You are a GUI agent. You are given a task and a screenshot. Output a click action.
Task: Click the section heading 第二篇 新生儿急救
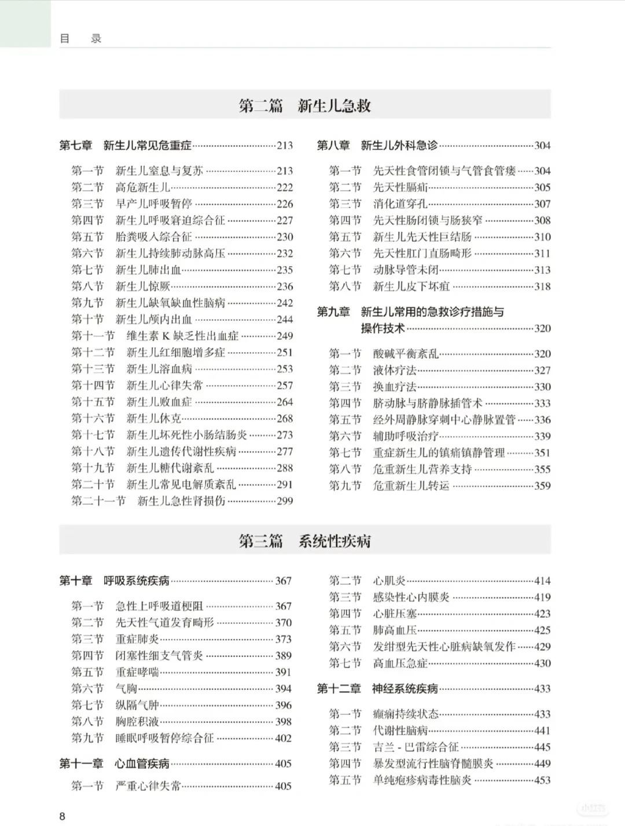click(x=305, y=106)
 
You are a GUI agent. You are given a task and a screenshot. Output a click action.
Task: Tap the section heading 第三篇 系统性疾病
click(x=305, y=541)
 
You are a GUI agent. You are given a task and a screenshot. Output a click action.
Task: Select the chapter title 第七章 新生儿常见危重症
click(x=126, y=146)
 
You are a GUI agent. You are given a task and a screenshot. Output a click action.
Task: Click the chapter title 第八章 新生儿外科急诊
click(x=377, y=146)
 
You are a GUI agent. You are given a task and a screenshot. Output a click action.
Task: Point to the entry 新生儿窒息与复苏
click(x=159, y=171)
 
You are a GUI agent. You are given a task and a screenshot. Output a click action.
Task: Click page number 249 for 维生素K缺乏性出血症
click(x=285, y=336)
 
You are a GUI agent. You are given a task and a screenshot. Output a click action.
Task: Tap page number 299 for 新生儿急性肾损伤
click(x=285, y=502)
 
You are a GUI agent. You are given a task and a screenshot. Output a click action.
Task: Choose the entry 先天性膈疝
click(x=400, y=187)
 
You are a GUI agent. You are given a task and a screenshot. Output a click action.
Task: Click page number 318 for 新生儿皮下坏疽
click(x=542, y=286)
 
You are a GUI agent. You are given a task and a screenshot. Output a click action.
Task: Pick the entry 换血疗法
click(x=395, y=387)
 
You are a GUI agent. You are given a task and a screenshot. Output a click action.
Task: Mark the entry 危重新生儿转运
click(x=411, y=486)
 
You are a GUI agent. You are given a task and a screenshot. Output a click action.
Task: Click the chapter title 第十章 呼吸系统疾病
click(x=115, y=581)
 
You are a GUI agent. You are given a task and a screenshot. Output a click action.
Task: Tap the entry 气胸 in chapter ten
click(x=126, y=689)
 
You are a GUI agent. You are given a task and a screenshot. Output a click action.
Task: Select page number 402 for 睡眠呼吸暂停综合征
click(x=283, y=739)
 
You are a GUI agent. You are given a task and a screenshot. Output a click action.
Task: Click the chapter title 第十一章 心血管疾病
click(x=115, y=764)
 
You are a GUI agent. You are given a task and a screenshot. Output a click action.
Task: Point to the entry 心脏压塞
click(x=395, y=614)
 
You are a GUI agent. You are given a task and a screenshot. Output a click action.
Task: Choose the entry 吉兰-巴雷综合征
click(x=416, y=747)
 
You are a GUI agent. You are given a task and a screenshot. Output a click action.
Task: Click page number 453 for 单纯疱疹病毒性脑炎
click(x=542, y=780)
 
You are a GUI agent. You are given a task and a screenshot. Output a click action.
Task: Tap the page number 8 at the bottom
click(x=62, y=816)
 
